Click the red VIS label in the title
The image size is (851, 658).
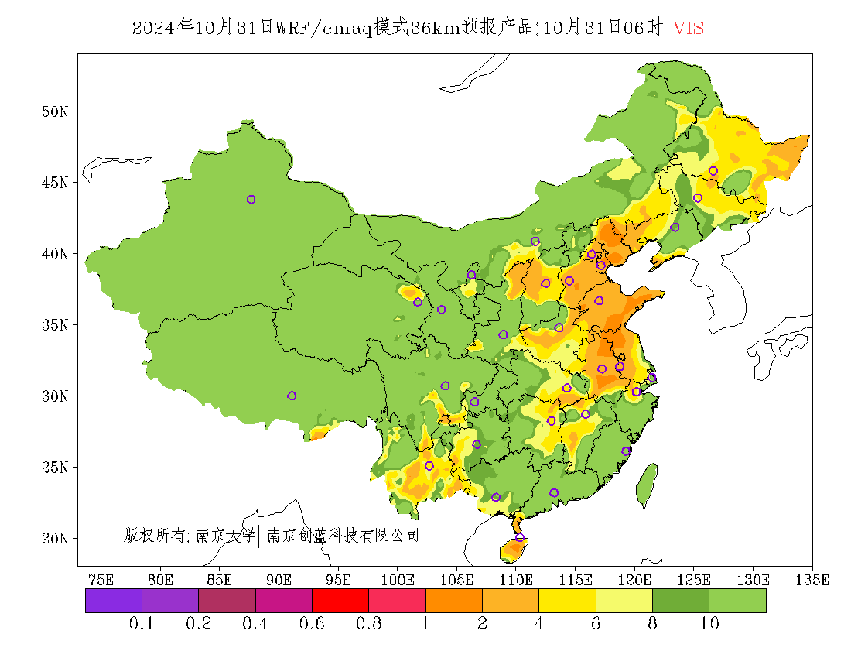pyautogui.click(x=689, y=28)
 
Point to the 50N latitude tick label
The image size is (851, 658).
pyautogui.click(x=54, y=111)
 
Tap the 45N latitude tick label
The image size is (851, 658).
pyautogui.click(x=54, y=183)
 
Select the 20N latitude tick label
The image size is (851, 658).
pyautogui.click(x=54, y=538)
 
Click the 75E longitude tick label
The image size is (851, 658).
pyautogui.click(x=101, y=579)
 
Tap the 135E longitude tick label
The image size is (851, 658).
pyautogui.click(x=813, y=579)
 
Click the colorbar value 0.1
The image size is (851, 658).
pyautogui.click(x=142, y=624)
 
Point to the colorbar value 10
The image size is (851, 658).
pyautogui.click(x=709, y=624)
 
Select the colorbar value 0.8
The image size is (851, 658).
pyautogui.click(x=368, y=624)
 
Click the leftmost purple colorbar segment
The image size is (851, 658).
pyautogui.click(x=114, y=601)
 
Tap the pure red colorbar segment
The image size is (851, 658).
pyautogui.click(x=340, y=601)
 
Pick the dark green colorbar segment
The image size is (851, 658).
pyautogui.click(x=681, y=601)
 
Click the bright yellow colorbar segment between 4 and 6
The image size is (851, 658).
pyautogui.click(x=567, y=601)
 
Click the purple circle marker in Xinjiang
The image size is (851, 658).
pyautogui.click(x=251, y=200)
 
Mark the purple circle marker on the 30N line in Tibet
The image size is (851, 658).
pyautogui.click(x=292, y=396)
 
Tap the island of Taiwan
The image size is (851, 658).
pyautogui.click(x=647, y=486)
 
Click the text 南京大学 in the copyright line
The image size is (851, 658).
pyautogui.click(x=225, y=535)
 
